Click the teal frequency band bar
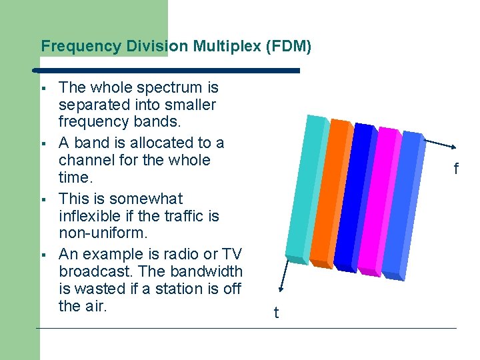coord(303,190)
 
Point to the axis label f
coord(456,169)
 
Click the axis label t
coord(276,313)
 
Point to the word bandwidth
coord(207,272)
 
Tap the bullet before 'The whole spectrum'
coord(41,88)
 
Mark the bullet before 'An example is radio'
coord(41,255)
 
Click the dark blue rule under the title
coord(167,70)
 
